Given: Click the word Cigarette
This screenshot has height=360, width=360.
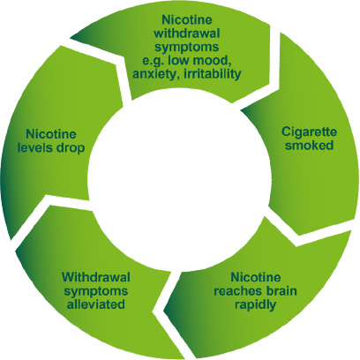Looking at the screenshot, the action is click(309, 131).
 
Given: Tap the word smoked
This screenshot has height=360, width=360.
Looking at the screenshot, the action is click(309, 145).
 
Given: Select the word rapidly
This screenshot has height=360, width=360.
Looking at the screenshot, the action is click(255, 305).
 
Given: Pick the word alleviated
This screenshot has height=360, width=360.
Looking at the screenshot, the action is click(96, 304).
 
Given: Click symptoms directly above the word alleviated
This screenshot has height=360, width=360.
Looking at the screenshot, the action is click(96, 292).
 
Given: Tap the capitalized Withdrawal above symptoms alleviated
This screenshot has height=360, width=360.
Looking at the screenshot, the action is click(96, 277).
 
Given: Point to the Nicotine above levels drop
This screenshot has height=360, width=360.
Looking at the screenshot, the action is click(51, 134).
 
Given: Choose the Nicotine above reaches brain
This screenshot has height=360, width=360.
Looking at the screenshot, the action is click(256, 277).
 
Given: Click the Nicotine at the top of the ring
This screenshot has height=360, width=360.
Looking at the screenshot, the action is click(187, 19).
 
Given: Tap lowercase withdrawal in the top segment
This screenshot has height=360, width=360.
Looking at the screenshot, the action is click(187, 34).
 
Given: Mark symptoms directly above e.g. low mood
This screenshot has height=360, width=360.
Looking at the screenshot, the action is click(187, 48).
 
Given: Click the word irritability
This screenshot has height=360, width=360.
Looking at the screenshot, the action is click(213, 74).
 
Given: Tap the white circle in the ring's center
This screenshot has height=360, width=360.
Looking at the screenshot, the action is click(179, 180).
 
